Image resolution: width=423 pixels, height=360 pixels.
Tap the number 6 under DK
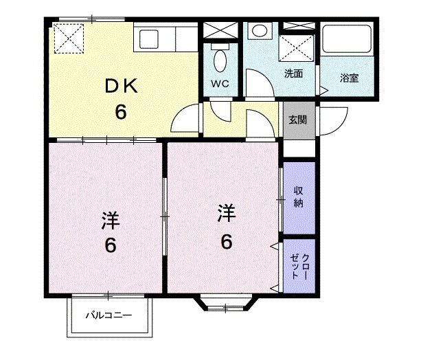pos(121,111)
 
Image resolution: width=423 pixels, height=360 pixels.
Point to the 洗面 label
pos(294,74)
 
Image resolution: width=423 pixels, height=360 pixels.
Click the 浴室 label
pos(349,78)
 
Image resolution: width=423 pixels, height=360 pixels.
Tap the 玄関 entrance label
pos(297,120)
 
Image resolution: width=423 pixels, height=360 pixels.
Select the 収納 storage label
pos(299,196)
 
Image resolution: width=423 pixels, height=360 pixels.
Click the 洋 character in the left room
pos(111,221)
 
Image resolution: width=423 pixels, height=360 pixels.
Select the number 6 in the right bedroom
pos(226,241)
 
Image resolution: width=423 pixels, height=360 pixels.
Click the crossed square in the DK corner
pos(69,38)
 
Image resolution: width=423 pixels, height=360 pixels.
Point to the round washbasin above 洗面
pos(260,32)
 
